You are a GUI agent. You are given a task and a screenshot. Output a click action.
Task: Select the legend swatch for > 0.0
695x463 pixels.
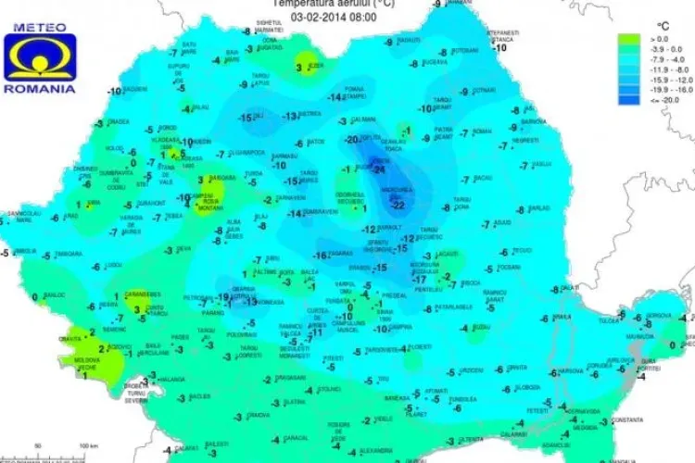pos(628,39)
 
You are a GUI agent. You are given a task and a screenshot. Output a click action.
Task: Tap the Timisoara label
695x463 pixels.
pos(69,252)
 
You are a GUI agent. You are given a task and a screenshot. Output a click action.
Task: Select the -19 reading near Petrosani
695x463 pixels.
pos(222,296)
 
